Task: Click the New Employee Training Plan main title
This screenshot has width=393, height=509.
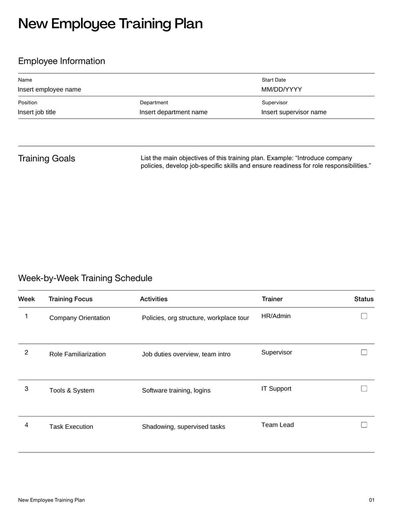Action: click(x=110, y=24)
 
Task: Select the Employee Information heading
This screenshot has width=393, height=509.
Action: click(x=61, y=61)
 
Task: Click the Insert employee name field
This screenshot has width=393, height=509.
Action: click(x=50, y=90)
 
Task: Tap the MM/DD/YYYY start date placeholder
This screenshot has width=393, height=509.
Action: click(x=281, y=90)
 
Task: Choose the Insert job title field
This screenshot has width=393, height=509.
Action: click(x=37, y=112)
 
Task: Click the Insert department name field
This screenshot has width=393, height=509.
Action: click(x=173, y=112)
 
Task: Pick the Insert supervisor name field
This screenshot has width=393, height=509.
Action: click(x=294, y=112)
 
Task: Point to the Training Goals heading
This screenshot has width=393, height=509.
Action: click(x=47, y=158)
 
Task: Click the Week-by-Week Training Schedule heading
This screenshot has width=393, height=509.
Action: click(x=85, y=278)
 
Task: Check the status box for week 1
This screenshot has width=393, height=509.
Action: click(x=364, y=316)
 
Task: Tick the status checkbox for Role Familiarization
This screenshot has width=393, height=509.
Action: click(x=364, y=352)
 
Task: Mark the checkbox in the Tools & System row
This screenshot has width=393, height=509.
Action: click(x=364, y=389)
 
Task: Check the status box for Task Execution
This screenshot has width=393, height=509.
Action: click(x=364, y=425)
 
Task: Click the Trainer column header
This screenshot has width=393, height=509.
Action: click(x=272, y=299)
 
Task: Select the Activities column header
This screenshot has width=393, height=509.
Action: click(x=154, y=299)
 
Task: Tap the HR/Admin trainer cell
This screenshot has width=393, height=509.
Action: click(x=276, y=316)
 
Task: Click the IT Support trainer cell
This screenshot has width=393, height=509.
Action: click(x=276, y=389)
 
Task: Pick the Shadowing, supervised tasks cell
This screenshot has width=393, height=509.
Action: click(x=183, y=427)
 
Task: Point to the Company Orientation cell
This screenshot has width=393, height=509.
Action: click(x=80, y=318)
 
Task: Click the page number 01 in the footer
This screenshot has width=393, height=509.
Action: click(x=371, y=500)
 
